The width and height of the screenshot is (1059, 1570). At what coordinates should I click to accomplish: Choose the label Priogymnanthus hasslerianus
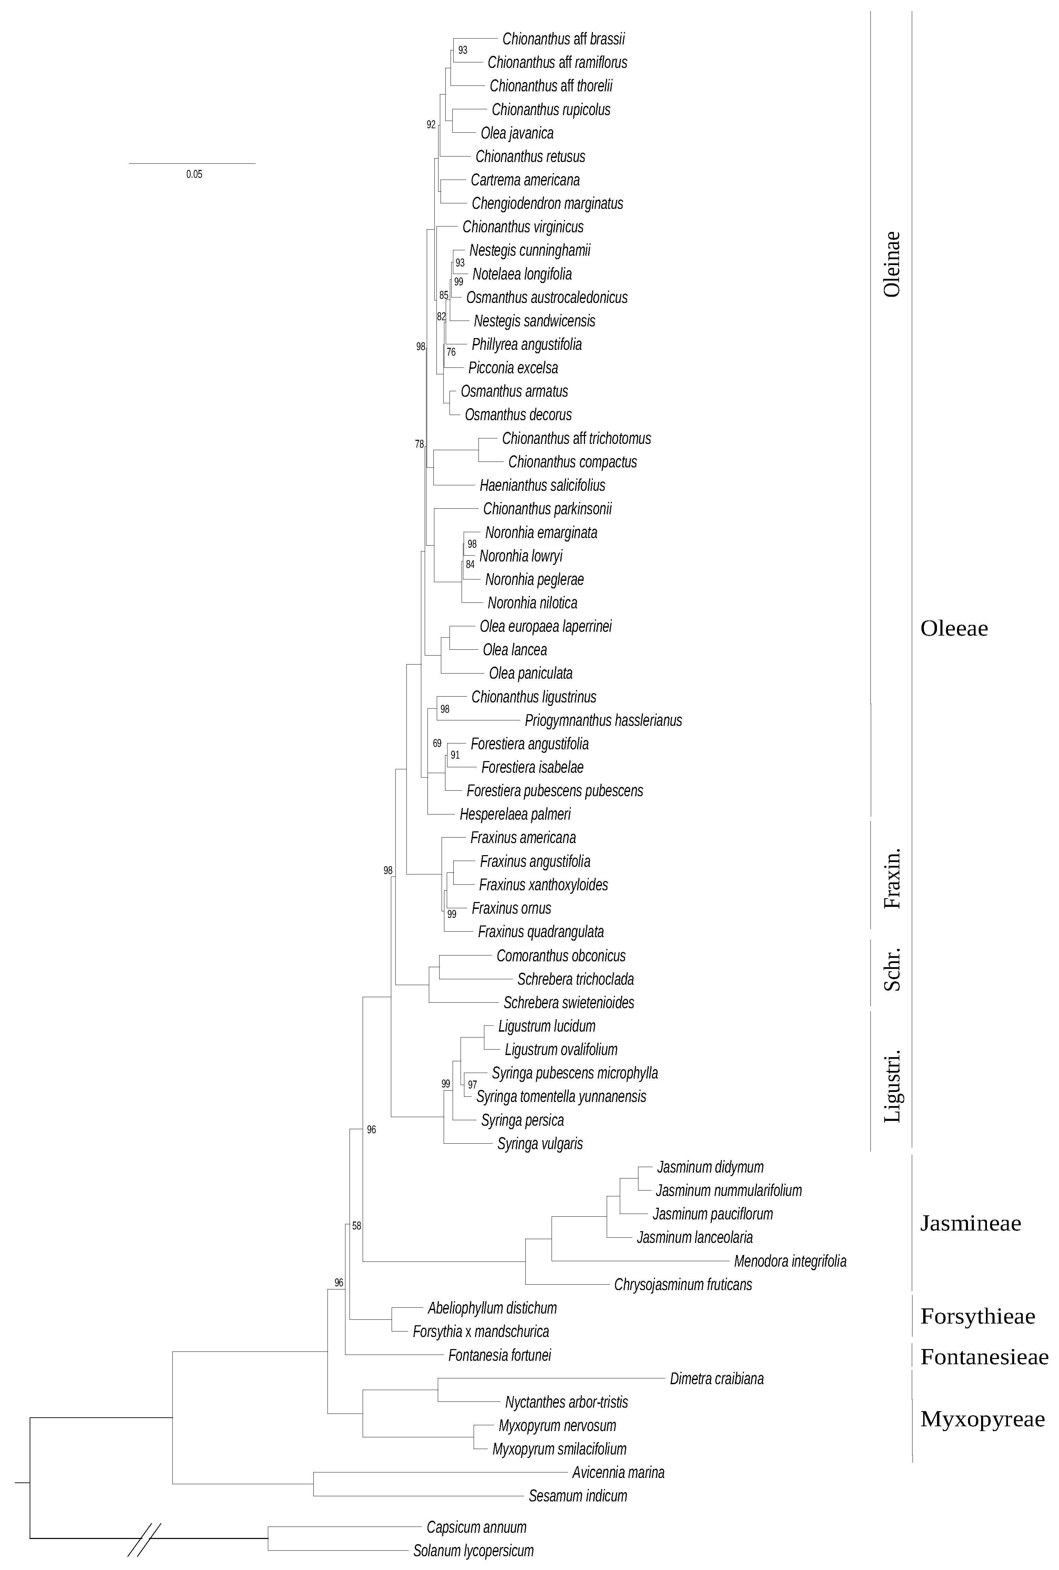(x=603, y=720)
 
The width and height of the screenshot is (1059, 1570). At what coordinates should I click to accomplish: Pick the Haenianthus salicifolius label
(x=542, y=486)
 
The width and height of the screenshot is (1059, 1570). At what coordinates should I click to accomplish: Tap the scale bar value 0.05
(x=194, y=174)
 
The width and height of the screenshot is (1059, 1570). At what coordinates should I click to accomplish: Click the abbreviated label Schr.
(x=892, y=972)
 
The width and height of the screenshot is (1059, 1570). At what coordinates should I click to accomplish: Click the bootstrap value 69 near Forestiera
(x=437, y=743)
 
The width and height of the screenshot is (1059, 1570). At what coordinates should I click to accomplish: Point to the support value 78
(x=420, y=444)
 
